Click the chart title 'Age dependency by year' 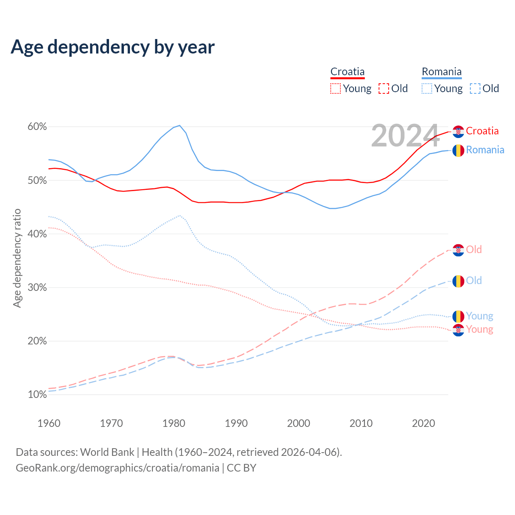pyautogui.click(x=113, y=47)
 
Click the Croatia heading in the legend pyautogui.click(x=347, y=72)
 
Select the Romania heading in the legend pyautogui.click(x=441, y=72)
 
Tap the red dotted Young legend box pyautogui.click(x=336, y=89)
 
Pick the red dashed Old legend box pyautogui.click(x=384, y=89)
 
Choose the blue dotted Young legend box pyautogui.click(x=427, y=89)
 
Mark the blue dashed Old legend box pyautogui.click(x=475, y=89)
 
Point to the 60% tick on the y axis pyautogui.click(x=37, y=127)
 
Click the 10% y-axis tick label pyautogui.click(x=37, y=395)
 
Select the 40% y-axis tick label pyautogui.click(x=37, y=234)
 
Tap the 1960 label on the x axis pyautogui.click(x=49, y=423)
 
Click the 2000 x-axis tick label pyautogui.click(x=299, y=423)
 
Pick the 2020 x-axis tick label pyautogui.click(x=424, y=423)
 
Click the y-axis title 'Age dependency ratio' pyautogui.click(x=17, y=258)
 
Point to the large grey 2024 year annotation pyautogui.click(x=405, y=136)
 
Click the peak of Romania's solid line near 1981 pyautogui.click(x=179, y=126)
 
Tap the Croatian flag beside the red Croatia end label pyautogui.click(x=458, y=132)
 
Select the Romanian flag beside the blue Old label pyautogui.click(x=458, y=281)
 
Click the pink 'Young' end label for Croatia pyautogui.click(x=480, y=330)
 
